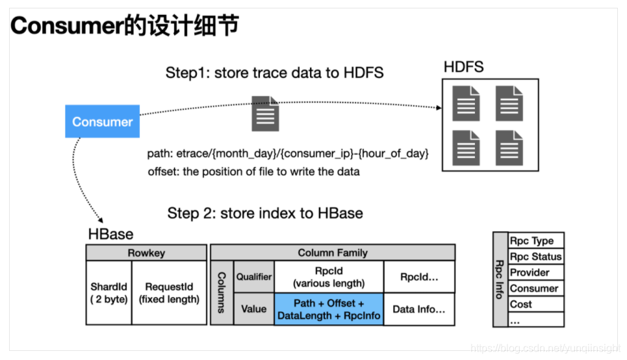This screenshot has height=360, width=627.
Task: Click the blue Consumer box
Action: pos(102,122)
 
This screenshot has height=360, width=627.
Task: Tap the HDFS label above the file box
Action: pos(463,67)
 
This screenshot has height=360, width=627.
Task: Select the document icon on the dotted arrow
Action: pos(265,114)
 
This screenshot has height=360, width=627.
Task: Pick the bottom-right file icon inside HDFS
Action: pos(509,148)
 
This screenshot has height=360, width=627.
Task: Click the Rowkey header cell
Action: pos(146,253)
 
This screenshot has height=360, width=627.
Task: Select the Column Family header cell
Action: pos(333,253)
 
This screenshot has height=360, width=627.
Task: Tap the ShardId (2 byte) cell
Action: pos(109,293)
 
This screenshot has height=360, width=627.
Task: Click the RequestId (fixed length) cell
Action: pos(169,293)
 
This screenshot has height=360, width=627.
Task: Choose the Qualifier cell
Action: pos(254,277)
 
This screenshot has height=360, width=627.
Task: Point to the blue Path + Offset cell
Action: pos(329,309)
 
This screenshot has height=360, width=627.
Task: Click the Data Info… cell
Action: pos(419,309)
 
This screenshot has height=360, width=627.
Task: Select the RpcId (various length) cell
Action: pos(329,277)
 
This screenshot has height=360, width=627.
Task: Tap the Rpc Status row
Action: pos(535,257)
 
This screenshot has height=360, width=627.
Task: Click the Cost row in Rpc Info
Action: pos(535,304)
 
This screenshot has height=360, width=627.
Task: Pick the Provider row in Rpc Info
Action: pos(535,272)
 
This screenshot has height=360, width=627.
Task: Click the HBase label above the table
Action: pos(110,235)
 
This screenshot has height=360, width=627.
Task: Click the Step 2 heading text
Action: pos(265,213)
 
